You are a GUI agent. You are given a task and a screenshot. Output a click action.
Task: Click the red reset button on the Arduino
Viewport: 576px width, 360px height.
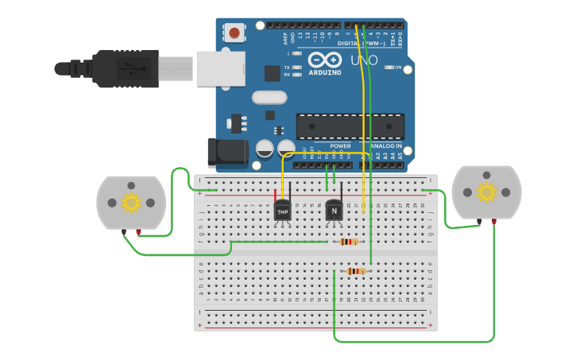(x=234, y=33)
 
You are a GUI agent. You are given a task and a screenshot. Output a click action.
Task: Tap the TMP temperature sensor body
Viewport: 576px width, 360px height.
(x=282, y=211)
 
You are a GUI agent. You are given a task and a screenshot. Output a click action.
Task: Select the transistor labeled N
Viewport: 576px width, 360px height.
(x=334, y=211)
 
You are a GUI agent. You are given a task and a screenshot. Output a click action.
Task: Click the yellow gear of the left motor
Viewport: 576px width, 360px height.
(x=131, y=203)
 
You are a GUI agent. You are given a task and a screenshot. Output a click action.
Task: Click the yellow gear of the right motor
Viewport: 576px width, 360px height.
(x=485, y=192)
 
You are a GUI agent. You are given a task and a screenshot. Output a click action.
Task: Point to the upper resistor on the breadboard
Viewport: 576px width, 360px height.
(x=348, y=242)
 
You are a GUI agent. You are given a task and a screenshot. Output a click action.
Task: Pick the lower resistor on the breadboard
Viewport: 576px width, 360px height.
(x=356, y=271)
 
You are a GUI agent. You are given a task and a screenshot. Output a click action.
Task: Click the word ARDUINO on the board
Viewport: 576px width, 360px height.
(x=325, y=72)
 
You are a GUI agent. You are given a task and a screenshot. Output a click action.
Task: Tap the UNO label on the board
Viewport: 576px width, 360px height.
(x=364, y=60)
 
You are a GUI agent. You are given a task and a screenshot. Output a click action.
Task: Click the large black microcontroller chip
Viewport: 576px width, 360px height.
(x=350, y=126)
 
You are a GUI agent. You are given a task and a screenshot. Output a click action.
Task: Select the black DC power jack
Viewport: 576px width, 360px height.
(x=222, y=153)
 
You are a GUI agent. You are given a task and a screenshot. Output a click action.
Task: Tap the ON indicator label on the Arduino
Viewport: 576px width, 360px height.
(x=396, y=68)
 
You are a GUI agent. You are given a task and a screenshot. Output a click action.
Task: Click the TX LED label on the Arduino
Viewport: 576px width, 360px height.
(x=287, y=68)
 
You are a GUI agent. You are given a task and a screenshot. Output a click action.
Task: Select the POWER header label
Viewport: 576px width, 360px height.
(x=340, y=146)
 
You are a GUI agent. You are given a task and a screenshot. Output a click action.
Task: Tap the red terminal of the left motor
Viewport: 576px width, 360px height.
(x=139, y=233)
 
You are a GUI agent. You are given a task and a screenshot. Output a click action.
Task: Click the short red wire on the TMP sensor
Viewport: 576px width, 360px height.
(x=276, y=195)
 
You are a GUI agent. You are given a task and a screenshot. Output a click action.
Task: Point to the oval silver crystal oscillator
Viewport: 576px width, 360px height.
(x=269, y=98)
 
